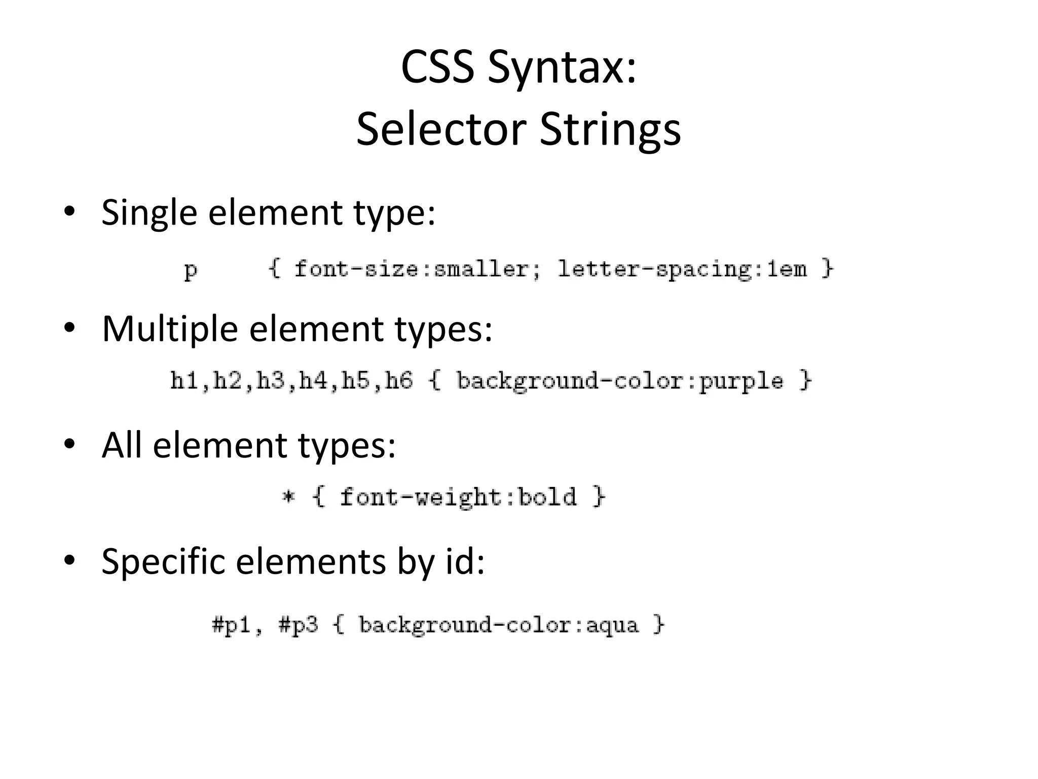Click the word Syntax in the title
(x=562, y=68)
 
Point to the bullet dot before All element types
(x=69, y=444)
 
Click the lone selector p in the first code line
(x=191, y=270)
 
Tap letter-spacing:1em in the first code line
(x=682, y=269)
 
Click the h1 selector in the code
(x=183, y=380)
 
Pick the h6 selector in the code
(x=398, y=380)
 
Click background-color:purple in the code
(x=619, y=381)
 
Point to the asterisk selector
(x=288, y=497)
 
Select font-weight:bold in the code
(x=458, y=497)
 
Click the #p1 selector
(x=232, y=625)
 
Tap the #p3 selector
(x=298, y=625)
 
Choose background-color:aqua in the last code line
(x=498, y=625)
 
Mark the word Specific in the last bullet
(x=163, y=562)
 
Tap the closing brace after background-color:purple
(x=805, y=380)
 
